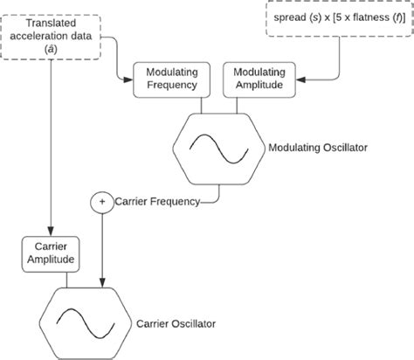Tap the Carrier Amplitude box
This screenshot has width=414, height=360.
pos(50,252)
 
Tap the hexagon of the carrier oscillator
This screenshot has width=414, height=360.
pos(86,322)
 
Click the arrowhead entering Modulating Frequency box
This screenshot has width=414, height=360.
pos(128,80)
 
